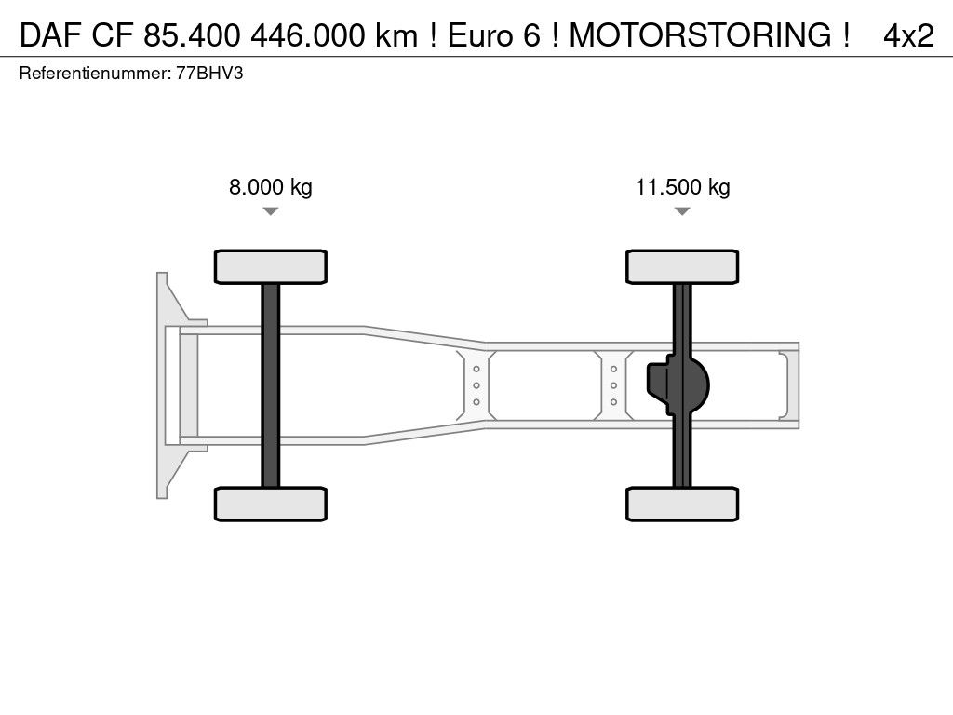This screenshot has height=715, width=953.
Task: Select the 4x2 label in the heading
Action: pyautogui.click(x=908, y=35)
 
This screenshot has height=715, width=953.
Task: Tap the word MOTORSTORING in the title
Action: pyautogui.click(x=701, y=34)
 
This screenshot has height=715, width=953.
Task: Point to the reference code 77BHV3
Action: pyautogui.click(x=209, y=74)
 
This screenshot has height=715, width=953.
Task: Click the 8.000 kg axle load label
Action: pyautogui.click(x=271, y=186)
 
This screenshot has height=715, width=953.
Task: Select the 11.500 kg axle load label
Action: pyautogui.click(x=682, y=186)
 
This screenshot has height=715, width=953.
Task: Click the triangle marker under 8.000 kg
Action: pyautogui.click(x=271, y=211)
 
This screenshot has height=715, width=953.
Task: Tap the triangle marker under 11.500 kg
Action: pyautogui.click(x=682, y=211)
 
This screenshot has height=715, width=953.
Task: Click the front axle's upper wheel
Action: pyautogui.click(x=271, y=266)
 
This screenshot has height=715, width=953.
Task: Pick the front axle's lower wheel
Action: pyautogui.click(x=271, y=504)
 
